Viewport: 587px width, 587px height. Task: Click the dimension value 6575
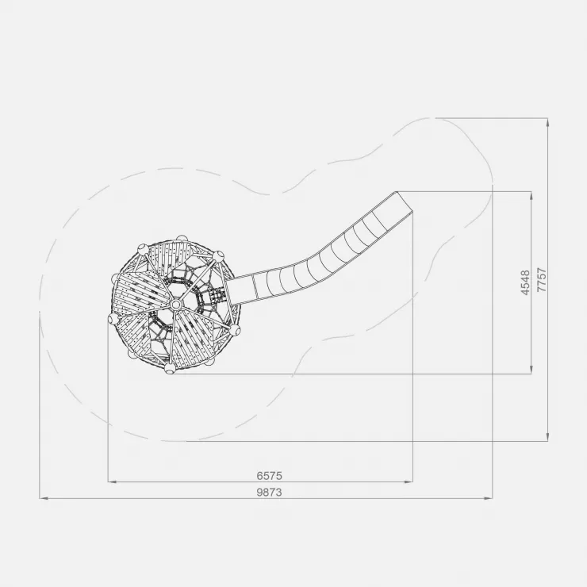coord(269,475)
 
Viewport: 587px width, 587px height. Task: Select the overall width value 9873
coord(269,492)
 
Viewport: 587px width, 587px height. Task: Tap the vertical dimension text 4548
coord(526,282)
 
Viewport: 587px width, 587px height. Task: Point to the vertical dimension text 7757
coord(542,280)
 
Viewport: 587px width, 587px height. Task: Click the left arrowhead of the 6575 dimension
coord(112,481)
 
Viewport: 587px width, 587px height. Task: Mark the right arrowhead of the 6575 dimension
coord(409,481)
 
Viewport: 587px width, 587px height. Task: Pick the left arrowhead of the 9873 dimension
coord(44,498)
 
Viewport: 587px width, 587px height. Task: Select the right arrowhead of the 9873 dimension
coord(488,498)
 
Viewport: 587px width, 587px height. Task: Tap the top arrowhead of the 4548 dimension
coord(531,196)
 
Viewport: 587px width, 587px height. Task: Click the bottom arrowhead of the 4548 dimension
coord(531,369)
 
